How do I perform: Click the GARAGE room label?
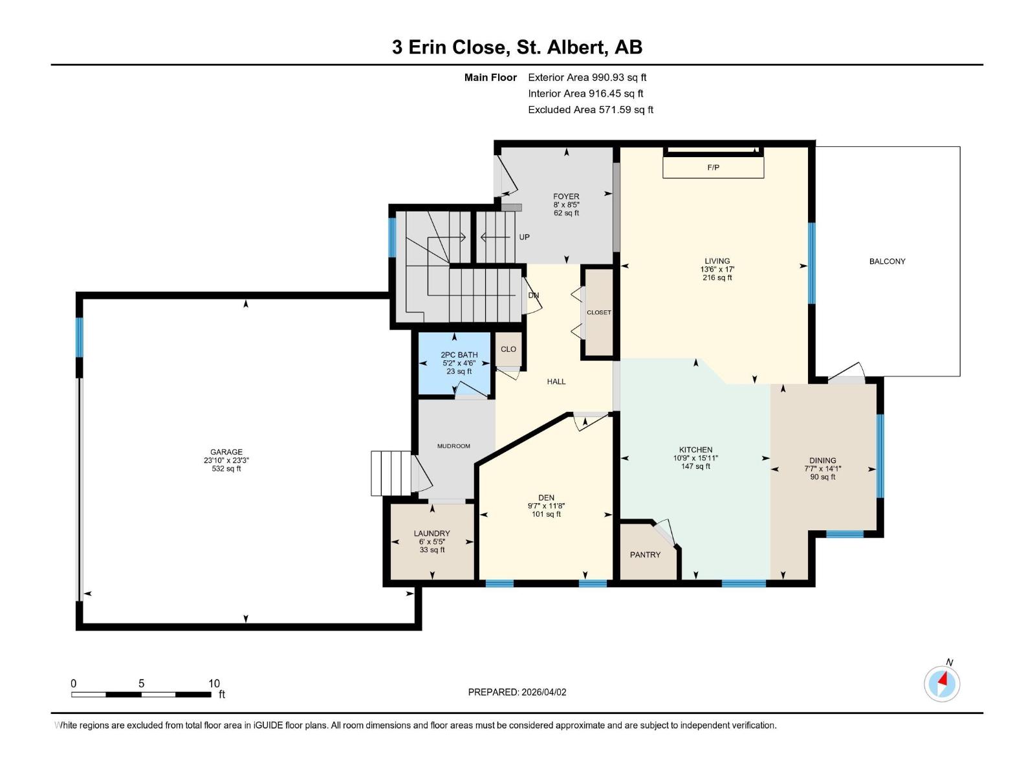click(226, 452)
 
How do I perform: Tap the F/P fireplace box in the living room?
click(713, 167)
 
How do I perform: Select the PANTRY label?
click(645, 555)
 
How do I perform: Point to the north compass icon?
click(942, 683)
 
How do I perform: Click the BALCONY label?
click(887, 261)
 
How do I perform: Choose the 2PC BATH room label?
click(459, 355)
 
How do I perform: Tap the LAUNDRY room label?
click(431, 533)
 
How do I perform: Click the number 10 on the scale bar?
click(214, 684)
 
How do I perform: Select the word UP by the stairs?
click(524, 237)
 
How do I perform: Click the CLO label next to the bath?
click(508, 349)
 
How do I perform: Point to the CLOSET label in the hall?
click(599, 312)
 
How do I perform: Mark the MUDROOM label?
click(453, 446)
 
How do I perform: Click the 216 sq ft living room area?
click(717, 277)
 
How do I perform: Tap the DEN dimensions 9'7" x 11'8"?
click(546, 506)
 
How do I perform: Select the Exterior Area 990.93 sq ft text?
click(587, 77)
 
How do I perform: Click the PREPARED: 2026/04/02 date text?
click(517, 692)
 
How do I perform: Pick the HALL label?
click(556, 382)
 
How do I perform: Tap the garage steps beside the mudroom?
click(391, 473)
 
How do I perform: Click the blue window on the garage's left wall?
click(80, 336)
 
